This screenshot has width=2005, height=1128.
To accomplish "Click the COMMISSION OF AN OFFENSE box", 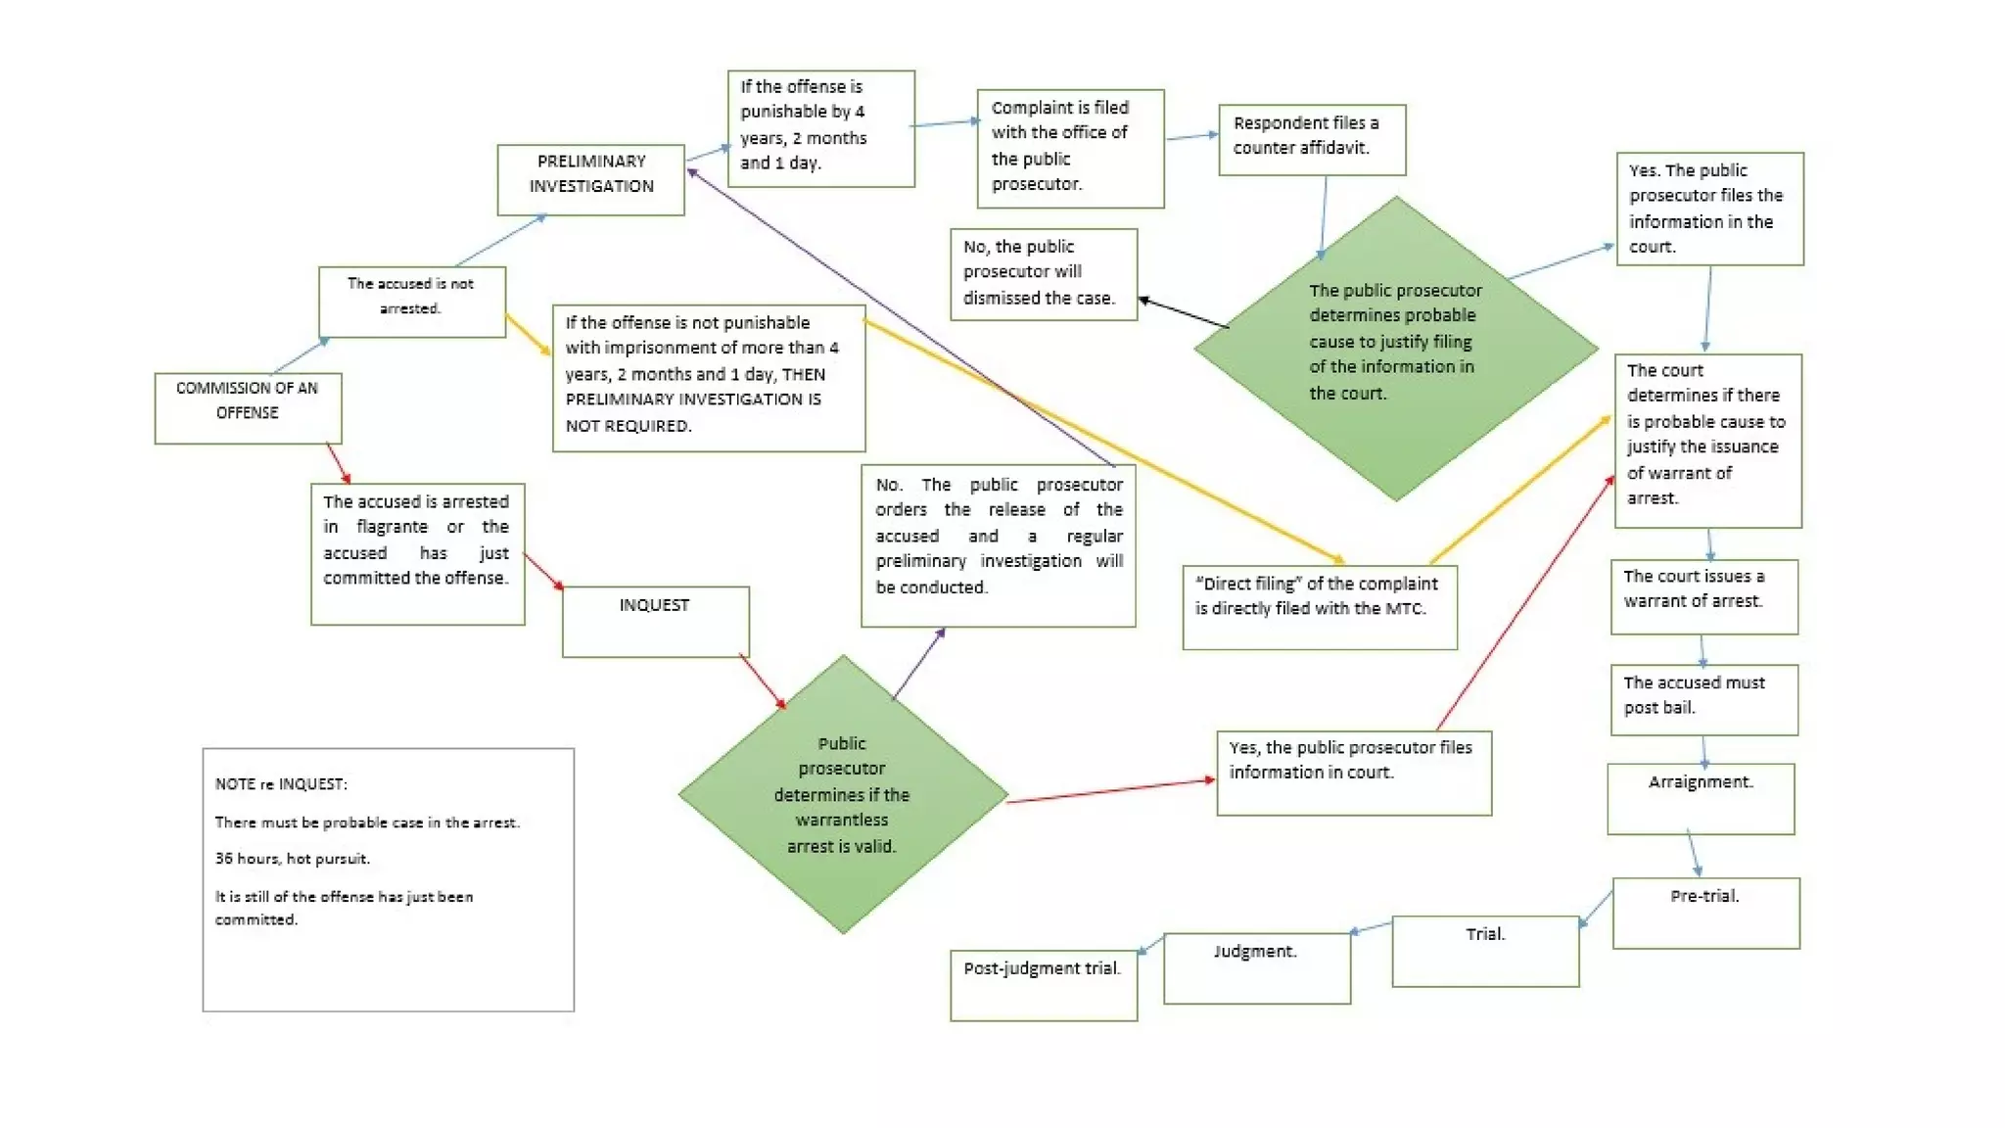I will point(248,407).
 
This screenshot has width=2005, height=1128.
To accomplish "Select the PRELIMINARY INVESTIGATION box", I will point(590,179).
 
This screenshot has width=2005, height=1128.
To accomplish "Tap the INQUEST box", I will point(655,621).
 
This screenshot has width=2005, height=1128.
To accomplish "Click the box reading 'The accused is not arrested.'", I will point(411,302).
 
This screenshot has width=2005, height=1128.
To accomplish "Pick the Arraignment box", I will point(1701,798).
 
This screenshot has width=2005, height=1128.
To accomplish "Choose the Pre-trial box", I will point(1705,912).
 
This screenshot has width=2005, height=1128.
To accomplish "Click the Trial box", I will point(1485,950).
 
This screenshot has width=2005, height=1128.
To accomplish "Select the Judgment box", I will point(1256,967).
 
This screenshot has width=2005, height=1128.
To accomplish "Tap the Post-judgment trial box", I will point(1043,985).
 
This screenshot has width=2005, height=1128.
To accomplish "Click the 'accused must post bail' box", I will point(1703,699).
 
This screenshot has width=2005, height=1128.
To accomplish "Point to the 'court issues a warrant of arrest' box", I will point(1703,595).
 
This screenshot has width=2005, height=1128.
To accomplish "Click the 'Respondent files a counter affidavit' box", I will point(1311,139).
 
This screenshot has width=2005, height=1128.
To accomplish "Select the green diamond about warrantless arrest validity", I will point(842,794).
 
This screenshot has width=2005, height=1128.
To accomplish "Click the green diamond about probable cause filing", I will point(1395,347).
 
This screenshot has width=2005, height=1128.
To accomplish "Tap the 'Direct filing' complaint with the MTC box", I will point(1319,606).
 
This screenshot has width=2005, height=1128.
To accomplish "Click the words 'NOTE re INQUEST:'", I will point(281,784).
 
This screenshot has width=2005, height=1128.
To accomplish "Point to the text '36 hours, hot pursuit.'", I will point(293,859).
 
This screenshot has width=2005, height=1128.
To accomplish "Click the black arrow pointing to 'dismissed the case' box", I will point(1184,312).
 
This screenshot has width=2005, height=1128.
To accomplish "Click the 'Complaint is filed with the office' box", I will point(1069,148).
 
